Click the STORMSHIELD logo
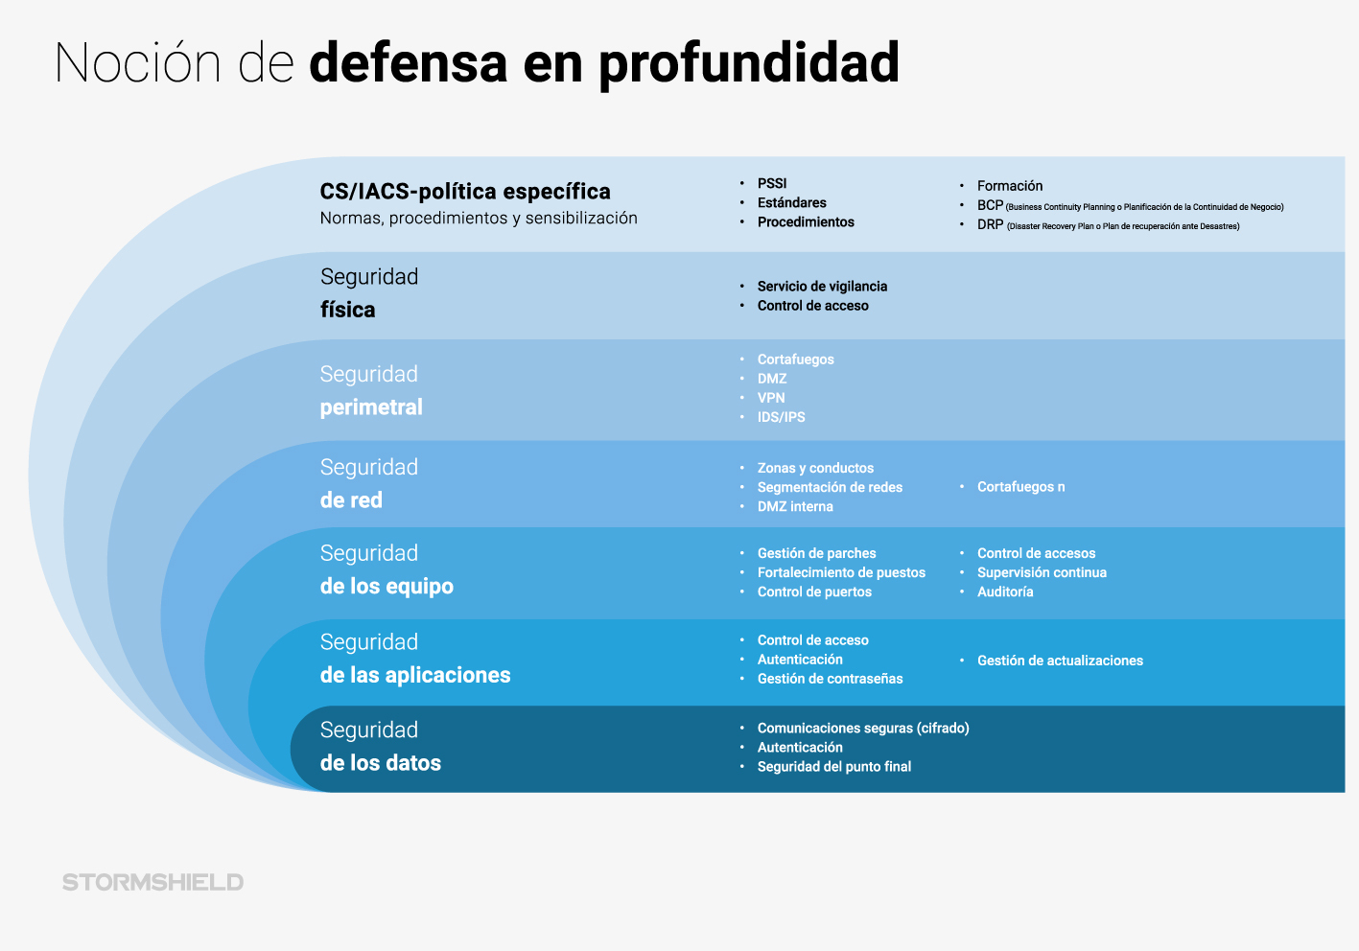click(x=152, y=882)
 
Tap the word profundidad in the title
click(x=749, y=64)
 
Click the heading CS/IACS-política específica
click(x=465, y=191)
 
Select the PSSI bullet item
click(x=772, y=183)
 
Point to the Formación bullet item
click(x=1010, y=186)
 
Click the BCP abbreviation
click(x=990, y=205)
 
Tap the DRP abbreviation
click(x=990, y=224)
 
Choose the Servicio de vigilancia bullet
click(x=822, y=287)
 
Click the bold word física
click(x=347, y=310)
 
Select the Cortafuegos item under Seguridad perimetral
click(x=795, y=360)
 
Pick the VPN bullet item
click(x=771, y=398)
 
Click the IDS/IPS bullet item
click(x=781, y=417)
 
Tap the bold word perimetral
click(x=371, y=407)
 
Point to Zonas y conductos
click(x=815, y=468)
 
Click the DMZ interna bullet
click(x=795, y=506)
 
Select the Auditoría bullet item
click(x=1005, y=591)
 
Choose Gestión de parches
click(x=816, y=553)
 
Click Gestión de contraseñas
click(x=830, y=679)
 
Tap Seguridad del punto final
click(x=834, y=767)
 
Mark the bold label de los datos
click(x=381, y=762)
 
